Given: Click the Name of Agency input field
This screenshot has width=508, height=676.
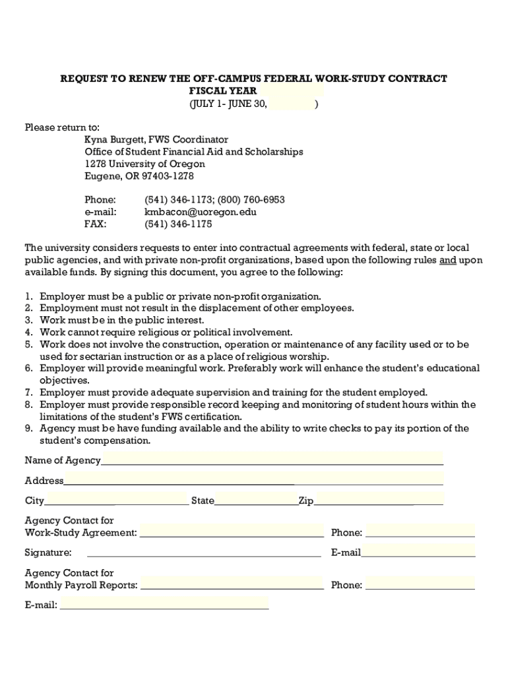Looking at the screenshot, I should (x=272, y=459).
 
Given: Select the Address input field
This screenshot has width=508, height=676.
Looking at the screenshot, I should (x=253, y=480).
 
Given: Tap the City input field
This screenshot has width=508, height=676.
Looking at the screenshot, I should (x=116, y=500).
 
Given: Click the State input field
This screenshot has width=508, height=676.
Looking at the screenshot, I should (x=256, y=500).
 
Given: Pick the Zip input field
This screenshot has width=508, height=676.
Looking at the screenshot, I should (x=378, y=500).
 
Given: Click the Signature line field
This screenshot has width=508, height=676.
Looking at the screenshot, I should (x=204, y=552).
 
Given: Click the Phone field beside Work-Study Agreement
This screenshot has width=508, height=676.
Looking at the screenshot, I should (x=420, y=532).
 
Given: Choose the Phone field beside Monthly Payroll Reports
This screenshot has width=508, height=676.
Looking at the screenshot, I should (x=420, y=584).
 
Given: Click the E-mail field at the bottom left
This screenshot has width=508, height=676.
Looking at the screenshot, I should (x=164, y=604).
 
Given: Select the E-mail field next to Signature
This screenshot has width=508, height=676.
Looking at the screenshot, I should (x=418, y=552).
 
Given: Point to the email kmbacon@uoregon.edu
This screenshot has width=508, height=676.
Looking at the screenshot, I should (x=201, y=212).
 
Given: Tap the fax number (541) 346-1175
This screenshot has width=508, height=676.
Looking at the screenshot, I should (x=178, y=224).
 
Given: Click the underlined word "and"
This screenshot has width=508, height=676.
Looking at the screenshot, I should (x=448, y=260).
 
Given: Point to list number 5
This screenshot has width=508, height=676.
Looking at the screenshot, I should (x=29, y=345).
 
